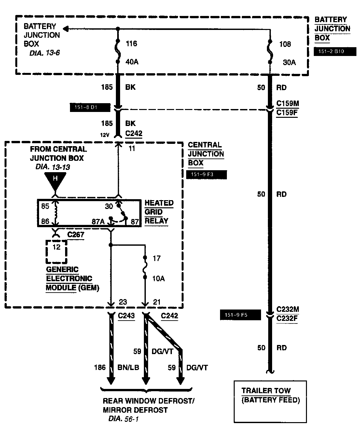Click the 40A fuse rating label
point(132,62)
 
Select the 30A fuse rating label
point(289,62)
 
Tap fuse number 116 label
point(131,44)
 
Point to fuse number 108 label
point(285,44)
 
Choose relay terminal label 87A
point(98,222)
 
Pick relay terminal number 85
point(45,206)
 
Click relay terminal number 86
point(45,222)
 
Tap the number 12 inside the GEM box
point(57,247)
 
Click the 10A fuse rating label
point(159,279)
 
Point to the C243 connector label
point(126,316)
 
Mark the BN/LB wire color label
point(128,368)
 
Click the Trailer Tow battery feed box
point(270,401)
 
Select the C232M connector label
point(287,309)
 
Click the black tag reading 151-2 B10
point(335,52)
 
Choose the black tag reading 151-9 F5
point(241,315)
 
